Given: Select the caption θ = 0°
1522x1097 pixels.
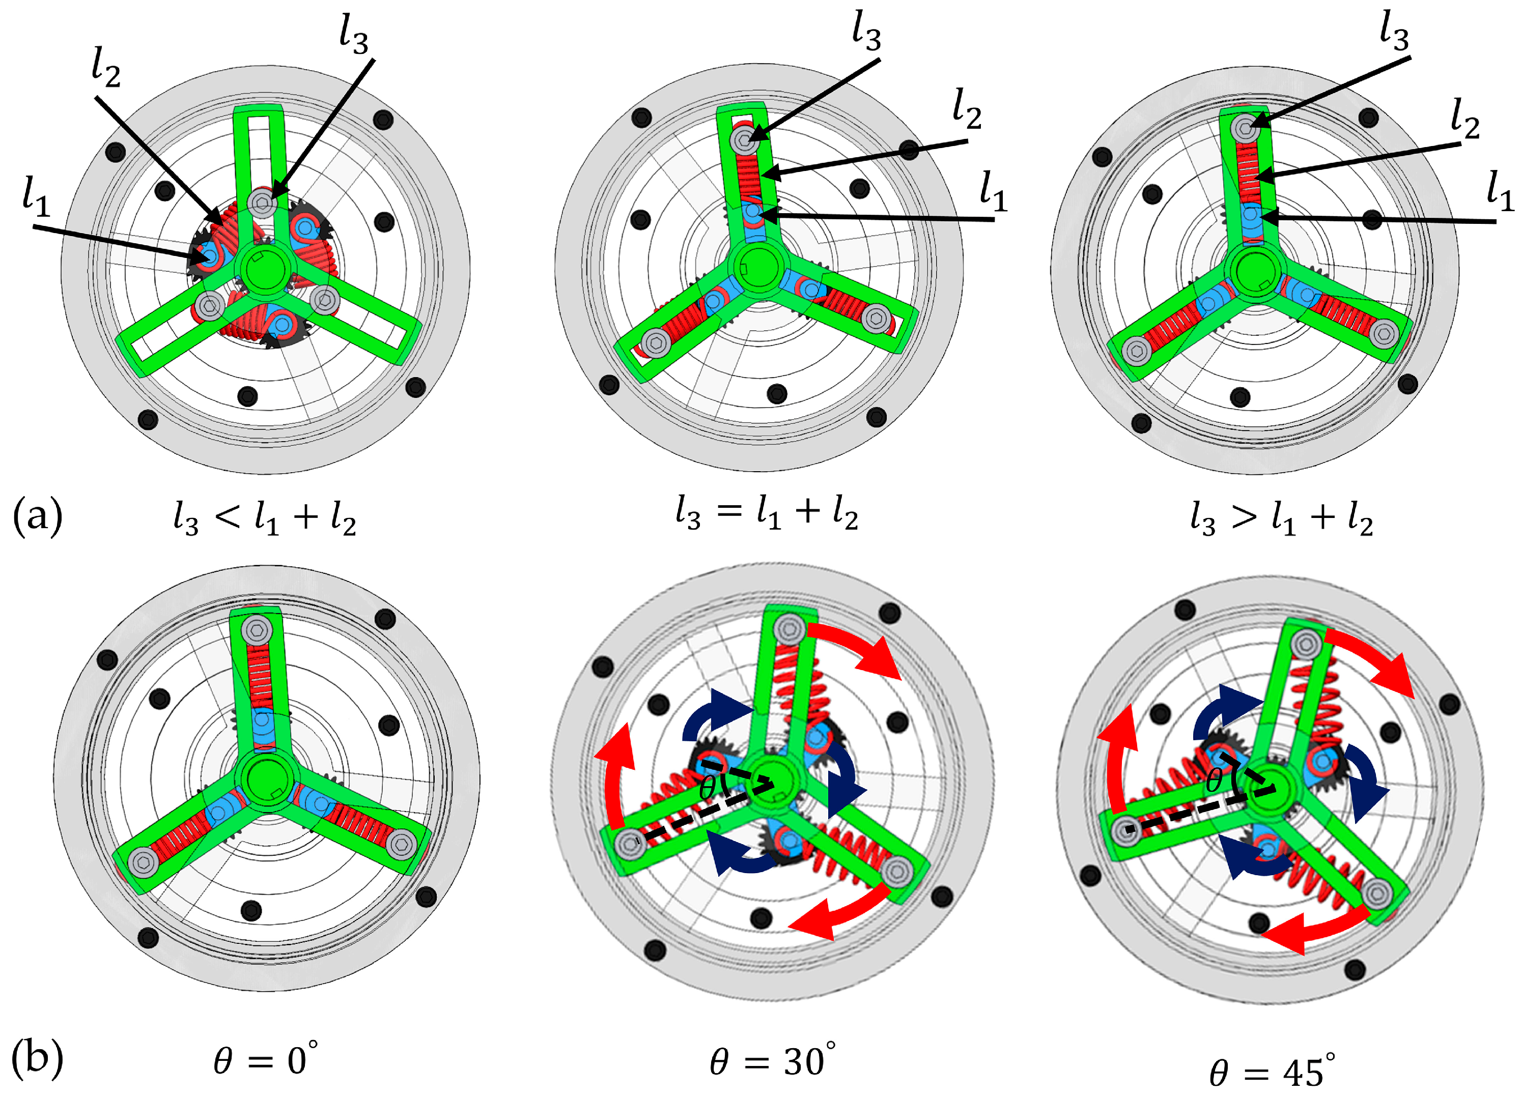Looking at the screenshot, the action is [x=266, y=1060].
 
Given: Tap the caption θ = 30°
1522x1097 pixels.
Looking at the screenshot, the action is [x=772, y=1060].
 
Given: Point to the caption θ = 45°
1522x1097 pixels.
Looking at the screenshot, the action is [x=1272, y=1071].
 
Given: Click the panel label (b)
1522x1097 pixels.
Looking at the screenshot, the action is [x=38, y=1059].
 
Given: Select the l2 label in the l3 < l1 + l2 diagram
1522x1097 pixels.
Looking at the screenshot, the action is [x=106, y=70].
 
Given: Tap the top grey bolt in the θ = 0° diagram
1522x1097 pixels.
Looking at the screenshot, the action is [x=257, y=631].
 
